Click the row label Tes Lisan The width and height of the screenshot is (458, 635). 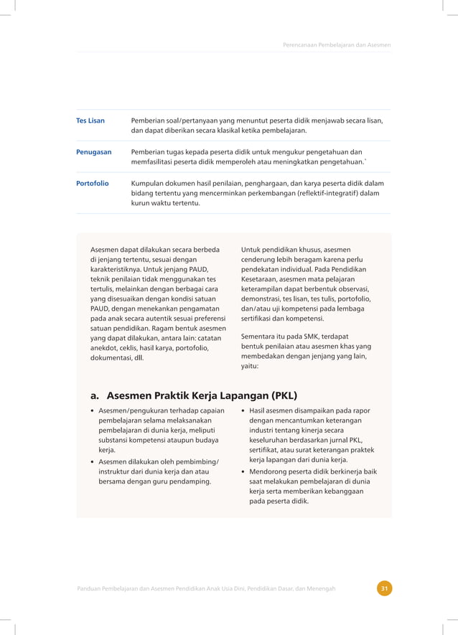click(90, 121)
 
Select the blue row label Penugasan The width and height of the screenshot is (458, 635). click(94, 152)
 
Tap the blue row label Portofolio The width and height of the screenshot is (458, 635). click(93, 184)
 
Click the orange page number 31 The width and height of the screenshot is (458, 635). click(385, 589)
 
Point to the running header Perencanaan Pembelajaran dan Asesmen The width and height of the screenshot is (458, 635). click(337, 45)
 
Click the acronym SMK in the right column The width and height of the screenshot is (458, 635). click(304, 336)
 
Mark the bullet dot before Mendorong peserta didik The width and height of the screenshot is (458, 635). click(244, 471)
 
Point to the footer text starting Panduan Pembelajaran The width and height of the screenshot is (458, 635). click(206, 589)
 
